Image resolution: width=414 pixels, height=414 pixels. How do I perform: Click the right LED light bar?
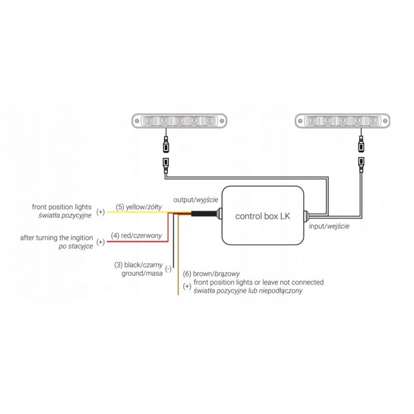(x=342, y=121)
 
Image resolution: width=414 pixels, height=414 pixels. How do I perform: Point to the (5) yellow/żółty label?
(x=139, y=207)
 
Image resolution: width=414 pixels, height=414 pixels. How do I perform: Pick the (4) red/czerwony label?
(x=140, y=236)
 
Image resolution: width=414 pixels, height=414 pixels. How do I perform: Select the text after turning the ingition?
(x=57, y=238)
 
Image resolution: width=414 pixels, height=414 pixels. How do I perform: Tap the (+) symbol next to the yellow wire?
(x=100, y=212)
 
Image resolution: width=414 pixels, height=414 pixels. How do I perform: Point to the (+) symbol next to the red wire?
(x=100, y=242)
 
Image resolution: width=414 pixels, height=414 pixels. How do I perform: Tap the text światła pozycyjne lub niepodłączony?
(x=247, y=291)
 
